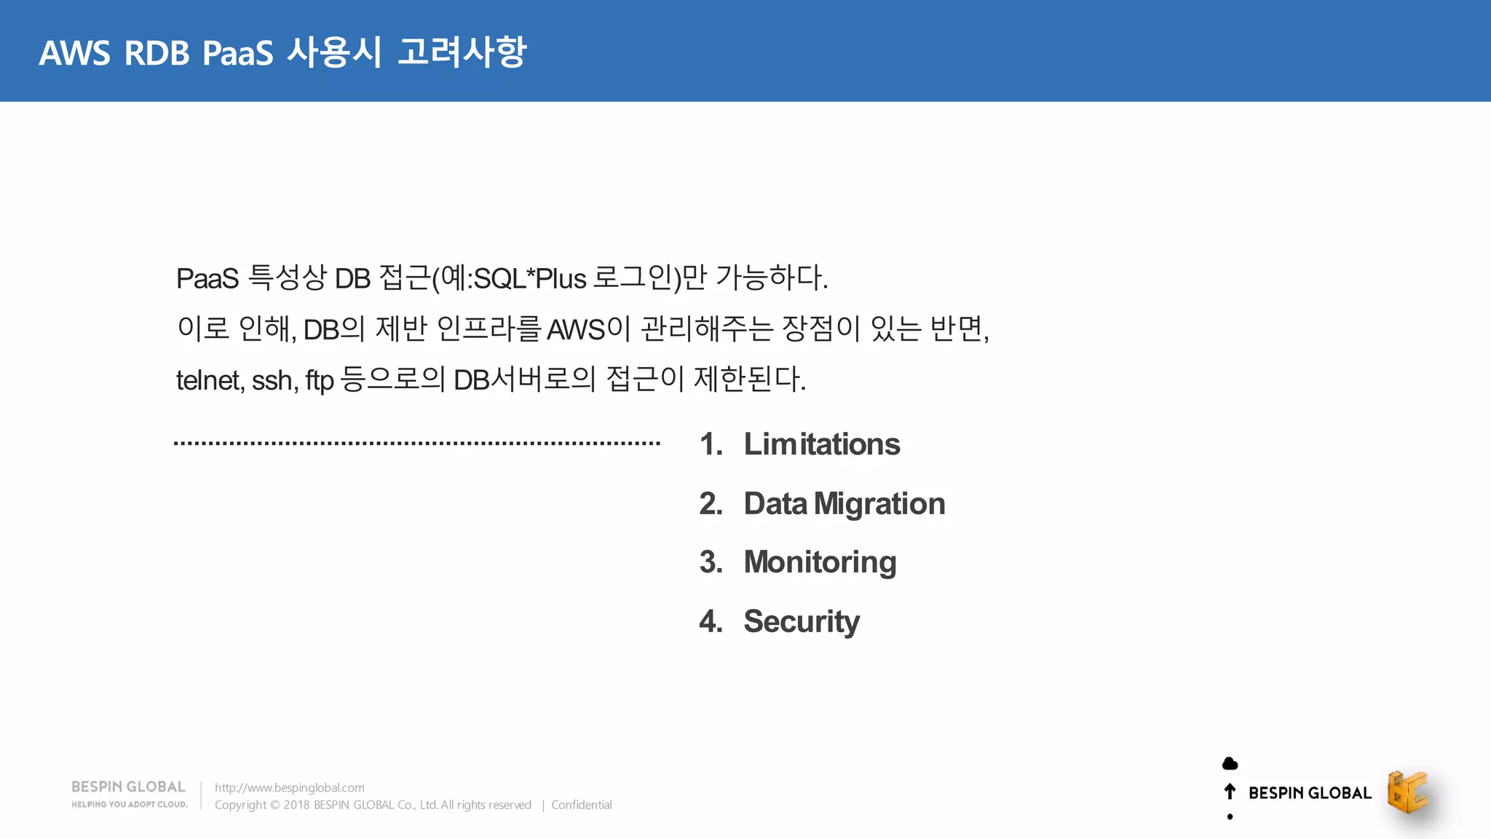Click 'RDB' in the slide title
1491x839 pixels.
pyautogui.click(x=157, y=53)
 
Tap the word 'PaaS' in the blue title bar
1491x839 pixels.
pyautogui.click(x=237, y=53)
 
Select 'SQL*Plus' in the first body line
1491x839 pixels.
pyautogui.click(x=529, y=278)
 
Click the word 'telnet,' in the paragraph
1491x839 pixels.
pyautogui.click(x=210, y=380)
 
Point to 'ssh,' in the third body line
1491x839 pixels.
pyautogui.click(x=274, y=380)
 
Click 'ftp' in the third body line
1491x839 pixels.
pyautogui.click(x=319, y=381)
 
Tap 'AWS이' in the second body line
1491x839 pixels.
pyautogui.click(x=588, y=329)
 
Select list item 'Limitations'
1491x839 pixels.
pyautogui.click(x=821, y=444)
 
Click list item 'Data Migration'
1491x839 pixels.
pyautogui.click(x=844, y=504)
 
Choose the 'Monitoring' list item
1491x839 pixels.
pyautogui.click(x=820, y=562)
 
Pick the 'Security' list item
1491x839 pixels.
pyautogui.click(x=801, y=621)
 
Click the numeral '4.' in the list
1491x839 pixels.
pyautogui.click(x=711, y=621)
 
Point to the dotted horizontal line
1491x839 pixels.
pyautogui.click(x=416, y=443)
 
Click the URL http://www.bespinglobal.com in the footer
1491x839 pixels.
pyautogui.click(x=289, y=787)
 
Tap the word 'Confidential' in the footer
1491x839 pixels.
pyautogui.click(x=581, y=805)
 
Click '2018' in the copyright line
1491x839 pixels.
pyautogui.click(x=296, y=805)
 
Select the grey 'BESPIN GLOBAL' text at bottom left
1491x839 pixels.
pyautogui.click(x=128, y=787)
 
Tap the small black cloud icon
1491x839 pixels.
pyautogui.click(x=1230, y=763)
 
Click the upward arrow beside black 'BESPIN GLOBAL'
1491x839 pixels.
pyautogui.click(x=1230, y=792)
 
